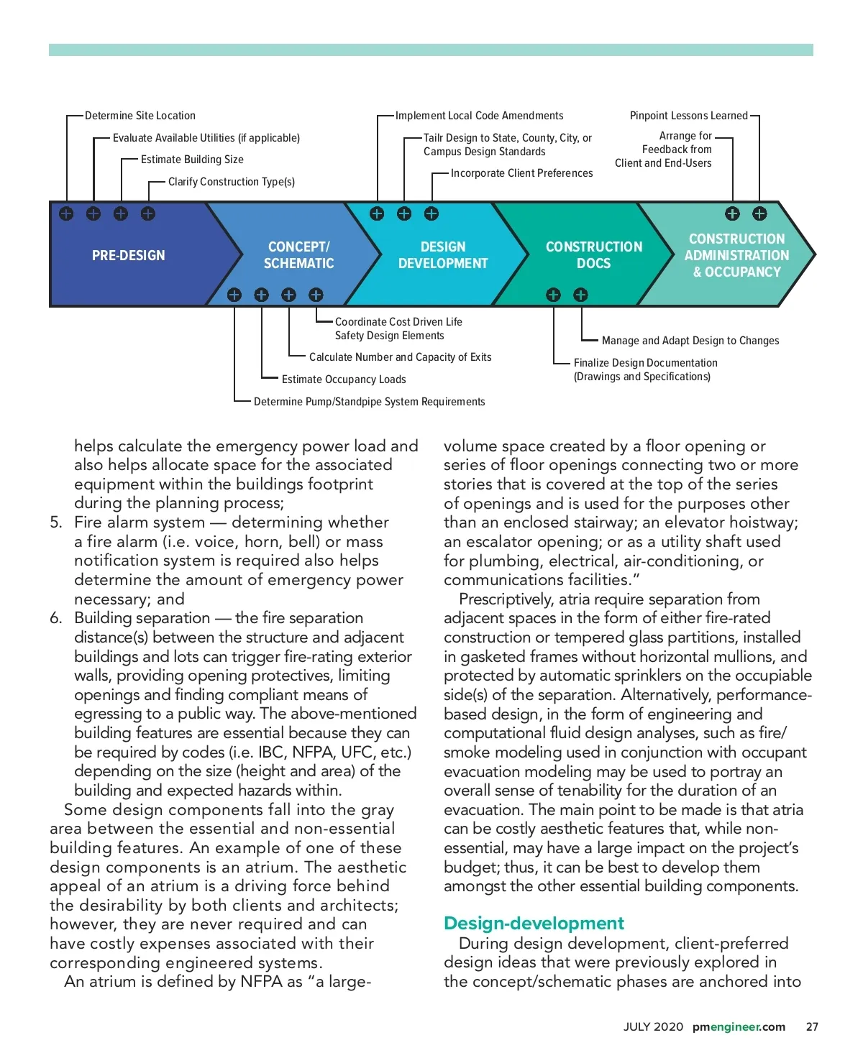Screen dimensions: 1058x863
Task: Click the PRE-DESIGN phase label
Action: [128, 255]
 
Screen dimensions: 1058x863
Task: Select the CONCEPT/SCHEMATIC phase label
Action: [298, 255]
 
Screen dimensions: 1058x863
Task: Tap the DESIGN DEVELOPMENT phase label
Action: [443, 255]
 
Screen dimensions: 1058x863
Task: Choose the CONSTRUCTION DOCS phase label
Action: [594, 255]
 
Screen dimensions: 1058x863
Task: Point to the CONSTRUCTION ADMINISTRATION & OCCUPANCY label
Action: [736, 255]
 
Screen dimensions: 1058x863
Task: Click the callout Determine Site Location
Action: [140, 116]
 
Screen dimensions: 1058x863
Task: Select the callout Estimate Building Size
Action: [192, 160]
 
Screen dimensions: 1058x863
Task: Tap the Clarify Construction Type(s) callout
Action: [231, 182]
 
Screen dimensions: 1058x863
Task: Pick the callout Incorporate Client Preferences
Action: [521, 173]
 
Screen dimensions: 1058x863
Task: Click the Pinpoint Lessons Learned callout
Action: [688, 116]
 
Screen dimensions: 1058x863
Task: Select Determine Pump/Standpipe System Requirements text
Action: [369, 402]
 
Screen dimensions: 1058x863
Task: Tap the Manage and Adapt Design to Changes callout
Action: [690, 341]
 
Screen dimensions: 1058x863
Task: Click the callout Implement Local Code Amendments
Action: [479, 116]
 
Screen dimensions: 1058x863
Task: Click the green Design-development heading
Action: [534, 923]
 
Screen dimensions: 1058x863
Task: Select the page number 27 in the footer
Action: [812, 1026]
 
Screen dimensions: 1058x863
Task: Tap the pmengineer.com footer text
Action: [739, 1026]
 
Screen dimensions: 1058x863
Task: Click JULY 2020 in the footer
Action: [653, 1026]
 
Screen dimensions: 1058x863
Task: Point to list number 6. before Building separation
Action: [56, 618]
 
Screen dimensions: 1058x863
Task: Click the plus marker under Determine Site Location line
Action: [66, 213]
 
